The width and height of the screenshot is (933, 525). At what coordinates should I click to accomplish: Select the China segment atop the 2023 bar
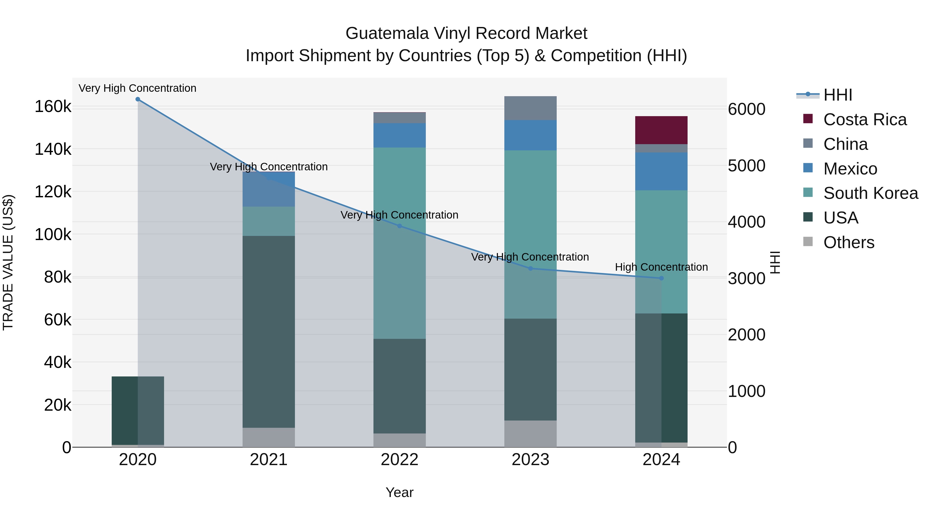pyautogui.click(x=530, y=108)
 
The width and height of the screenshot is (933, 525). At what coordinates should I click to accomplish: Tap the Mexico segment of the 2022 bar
pyautogui.click(x=399, y=135)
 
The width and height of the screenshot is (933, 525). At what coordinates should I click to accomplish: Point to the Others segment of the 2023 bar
pyautogui.click(x=530, y=434)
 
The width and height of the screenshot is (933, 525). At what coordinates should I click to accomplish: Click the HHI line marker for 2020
pyautogui.click(x=138, y=99)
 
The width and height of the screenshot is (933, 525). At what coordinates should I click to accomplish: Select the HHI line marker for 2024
pyautogui.click(x=661, y=278)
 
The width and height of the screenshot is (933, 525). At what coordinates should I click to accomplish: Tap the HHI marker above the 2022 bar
pyautogui.click(x=399, y=226)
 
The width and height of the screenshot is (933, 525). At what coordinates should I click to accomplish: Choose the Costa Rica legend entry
pyautogui.click(x=865, y=120)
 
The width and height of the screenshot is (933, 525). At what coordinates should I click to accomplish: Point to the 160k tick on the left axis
pyautogui.click(x=53, y=107)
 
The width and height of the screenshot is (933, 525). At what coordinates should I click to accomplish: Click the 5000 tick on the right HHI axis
pyautogui.click(x=746, y=166)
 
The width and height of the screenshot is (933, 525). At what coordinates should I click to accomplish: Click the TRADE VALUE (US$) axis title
pyautogui.click(x=8, y=262)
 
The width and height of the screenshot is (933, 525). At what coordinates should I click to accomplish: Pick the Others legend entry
pyautogui.click(x=848, y=242)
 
